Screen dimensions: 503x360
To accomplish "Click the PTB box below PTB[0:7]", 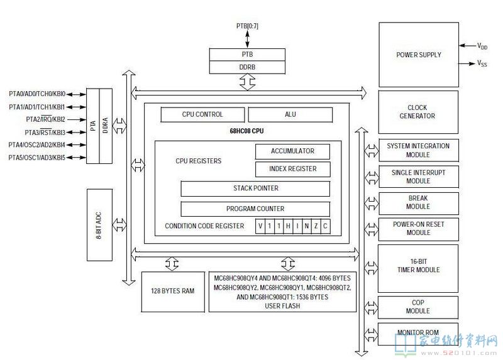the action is point(247,55).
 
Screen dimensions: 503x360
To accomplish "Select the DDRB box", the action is point(247,67).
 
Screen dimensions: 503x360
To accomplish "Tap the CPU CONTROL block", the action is point(202,114).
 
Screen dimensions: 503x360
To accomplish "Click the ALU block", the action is point(290,114).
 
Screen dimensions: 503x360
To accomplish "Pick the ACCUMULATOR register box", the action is point(292,151).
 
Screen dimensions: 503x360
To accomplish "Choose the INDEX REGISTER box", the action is point(292,169).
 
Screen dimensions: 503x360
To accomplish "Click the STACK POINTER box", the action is point(255,188).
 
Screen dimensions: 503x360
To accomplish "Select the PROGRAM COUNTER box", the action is point(255,209).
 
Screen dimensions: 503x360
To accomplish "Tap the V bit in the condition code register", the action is point(260,226).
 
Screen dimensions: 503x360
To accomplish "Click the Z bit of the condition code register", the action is point(316,226).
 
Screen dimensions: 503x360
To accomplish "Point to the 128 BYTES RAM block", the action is point(173,292).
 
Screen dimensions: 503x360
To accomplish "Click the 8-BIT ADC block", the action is point(99,225).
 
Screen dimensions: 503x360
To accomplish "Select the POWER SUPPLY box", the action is point(419,55).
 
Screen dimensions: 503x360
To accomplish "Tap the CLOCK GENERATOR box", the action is point(418,112).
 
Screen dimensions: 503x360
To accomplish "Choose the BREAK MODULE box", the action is point(418,203).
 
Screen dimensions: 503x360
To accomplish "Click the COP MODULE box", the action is point(418,307).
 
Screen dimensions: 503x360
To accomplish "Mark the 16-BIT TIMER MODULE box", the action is point(418,269).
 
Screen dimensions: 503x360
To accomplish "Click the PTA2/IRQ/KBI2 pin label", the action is point(45,119).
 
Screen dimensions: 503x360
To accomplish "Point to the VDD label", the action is point(482,46).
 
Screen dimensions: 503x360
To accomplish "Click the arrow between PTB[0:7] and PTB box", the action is point(247,39).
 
